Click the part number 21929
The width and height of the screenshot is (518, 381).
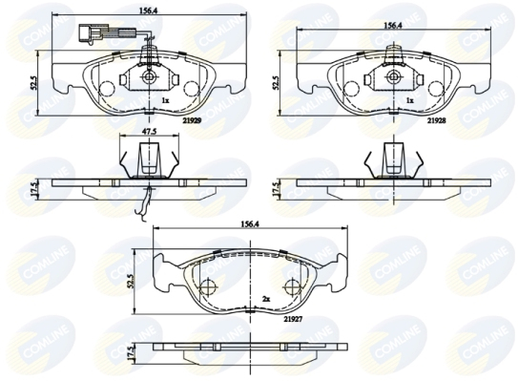pyautogui.click(x=192, y=120)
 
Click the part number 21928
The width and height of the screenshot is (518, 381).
pyautogui.click(x=436, y=120)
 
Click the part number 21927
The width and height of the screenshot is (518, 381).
pyautogui.click(x=293, y=319)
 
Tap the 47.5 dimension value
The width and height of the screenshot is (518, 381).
pyautogui.click(x=150, y=132)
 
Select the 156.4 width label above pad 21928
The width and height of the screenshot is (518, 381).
pyautogui.click(x=392, y=26)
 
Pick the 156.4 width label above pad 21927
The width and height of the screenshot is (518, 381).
pyautogui.click(x=249, y=223)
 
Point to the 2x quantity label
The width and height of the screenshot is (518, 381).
pyautogui.click(x=266, y=299)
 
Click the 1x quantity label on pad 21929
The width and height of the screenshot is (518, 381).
pyautogui.click(x=165, y=100)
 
